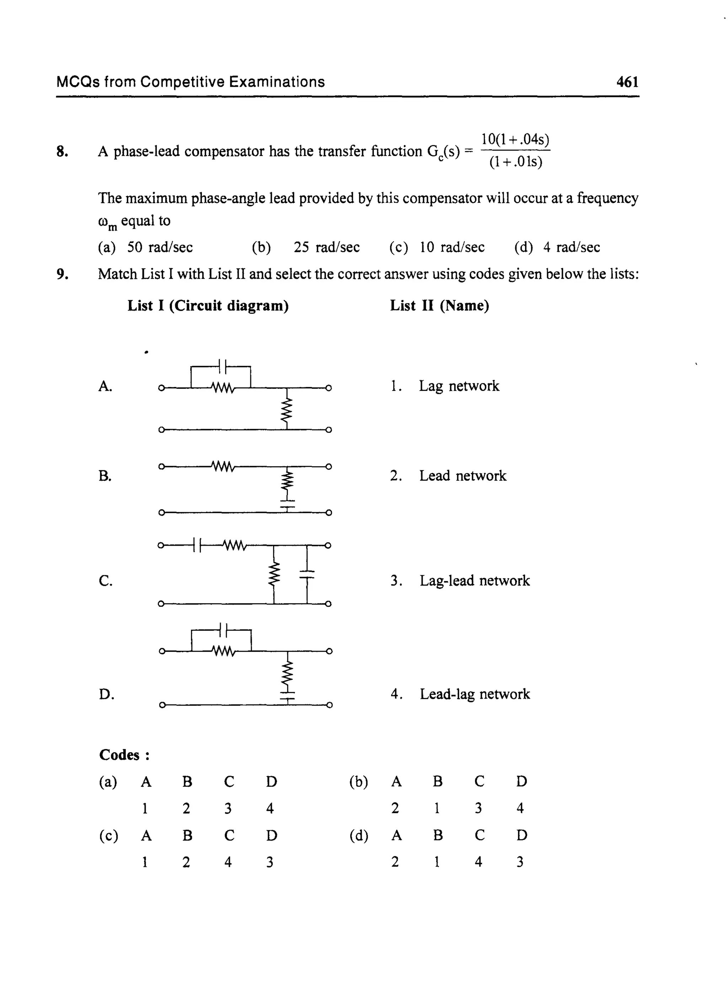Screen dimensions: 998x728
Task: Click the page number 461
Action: pyautogui.click(x=627, y=82)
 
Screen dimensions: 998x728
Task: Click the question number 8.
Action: pyautogui.click(x=62, y=151)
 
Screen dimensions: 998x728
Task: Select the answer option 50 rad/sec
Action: pyautogui.click(x=160, y=248)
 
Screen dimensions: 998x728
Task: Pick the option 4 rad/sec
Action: pyautogui.click(x=571, y=248)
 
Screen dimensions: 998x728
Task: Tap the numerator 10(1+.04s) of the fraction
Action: pyautogui.click(x=515, y=140)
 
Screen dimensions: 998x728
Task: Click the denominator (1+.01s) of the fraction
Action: pyautogui.click(x=515, y=162)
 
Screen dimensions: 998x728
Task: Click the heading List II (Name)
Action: pyautogui.click(x=439, y=306)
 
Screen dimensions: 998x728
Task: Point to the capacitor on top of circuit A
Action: pyautogui.click(x=222, y=366)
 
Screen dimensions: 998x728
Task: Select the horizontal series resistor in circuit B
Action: pyautogui.click(x=223, y=466)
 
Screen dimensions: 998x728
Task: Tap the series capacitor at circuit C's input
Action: pyautogui.click(x=197, y=545)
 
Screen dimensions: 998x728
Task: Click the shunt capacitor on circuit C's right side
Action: pyautogui.click(x=307, y=574)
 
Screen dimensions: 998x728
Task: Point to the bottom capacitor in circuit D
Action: pyautogui.click(x=287, y=696)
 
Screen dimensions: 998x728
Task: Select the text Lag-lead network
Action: pyautogui.click(x=474, y=581)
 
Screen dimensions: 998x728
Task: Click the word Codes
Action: pyautogui.click(x=119, y=755)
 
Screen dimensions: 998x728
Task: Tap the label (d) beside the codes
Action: pyautogui.click(x=359, y=835)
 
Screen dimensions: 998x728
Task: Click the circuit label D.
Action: pyautogui.click(x=106, y=695)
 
